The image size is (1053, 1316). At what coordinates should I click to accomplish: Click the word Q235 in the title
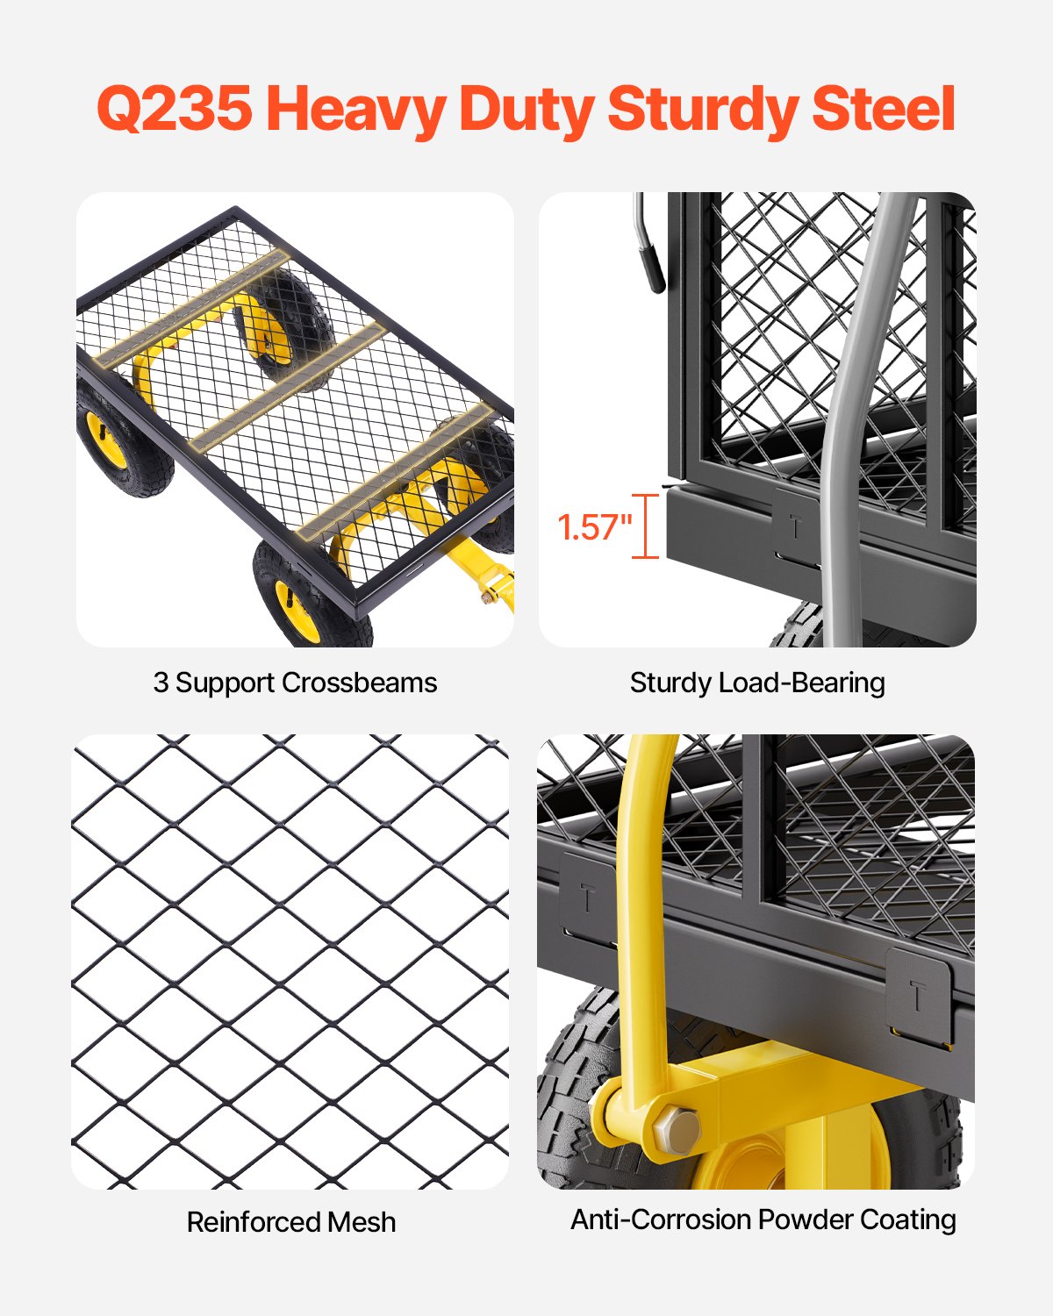click(174, 109)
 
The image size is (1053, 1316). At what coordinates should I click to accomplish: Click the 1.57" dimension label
click(594, 527)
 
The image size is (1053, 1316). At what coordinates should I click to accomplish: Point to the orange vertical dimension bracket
click(646, 526)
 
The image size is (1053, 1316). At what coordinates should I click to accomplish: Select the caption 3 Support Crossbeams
click(295, 683)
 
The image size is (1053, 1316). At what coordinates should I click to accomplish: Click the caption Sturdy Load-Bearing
click(757, 683)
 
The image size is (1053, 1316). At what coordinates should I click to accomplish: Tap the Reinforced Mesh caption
click(291, 1222)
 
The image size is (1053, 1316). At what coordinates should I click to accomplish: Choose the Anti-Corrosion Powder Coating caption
click(763, 1219)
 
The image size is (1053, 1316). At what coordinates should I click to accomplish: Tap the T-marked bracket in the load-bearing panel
click(796, 528)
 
